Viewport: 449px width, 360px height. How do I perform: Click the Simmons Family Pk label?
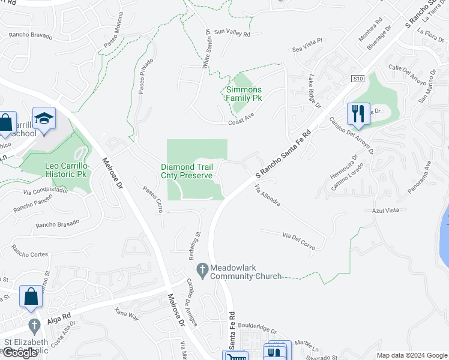(244, 94)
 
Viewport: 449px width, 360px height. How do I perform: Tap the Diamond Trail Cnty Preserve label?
(187, 171)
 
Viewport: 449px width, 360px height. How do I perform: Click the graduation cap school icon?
(44, 118)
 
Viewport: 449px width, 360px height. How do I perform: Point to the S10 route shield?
(358, 79)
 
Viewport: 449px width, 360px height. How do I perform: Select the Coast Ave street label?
(241, 121)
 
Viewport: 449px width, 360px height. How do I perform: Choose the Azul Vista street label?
(385, 211)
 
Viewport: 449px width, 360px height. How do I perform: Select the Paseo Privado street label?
(145, 77)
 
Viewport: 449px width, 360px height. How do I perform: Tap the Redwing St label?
(197, 243)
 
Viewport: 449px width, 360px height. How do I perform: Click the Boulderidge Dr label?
(257, 330)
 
